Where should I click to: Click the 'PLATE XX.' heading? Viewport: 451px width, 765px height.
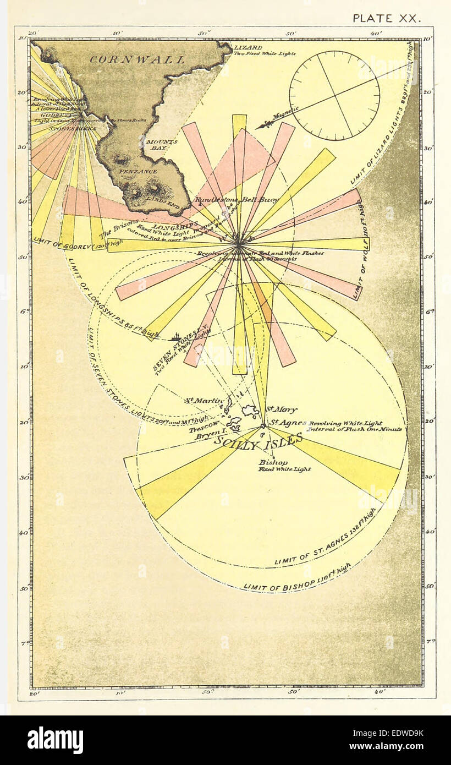pos(386,18)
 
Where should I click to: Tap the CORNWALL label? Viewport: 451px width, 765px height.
pos(137,59)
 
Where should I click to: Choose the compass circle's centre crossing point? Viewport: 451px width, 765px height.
pos(334,96)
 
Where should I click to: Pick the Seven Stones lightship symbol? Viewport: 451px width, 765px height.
pos(177,337)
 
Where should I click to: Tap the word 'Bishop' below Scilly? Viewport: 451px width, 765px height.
pos(273,462)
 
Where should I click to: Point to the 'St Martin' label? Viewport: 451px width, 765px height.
pos(204,401)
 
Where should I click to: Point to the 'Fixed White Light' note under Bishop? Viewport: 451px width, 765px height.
pos(285,469)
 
